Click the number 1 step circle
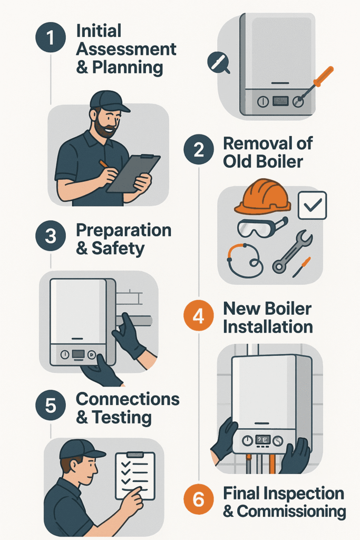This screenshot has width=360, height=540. tap(51, 37)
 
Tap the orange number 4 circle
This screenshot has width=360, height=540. tap(199, 315)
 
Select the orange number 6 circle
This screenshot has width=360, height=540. tap(199, 499)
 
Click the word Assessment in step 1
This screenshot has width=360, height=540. tap(126, 49)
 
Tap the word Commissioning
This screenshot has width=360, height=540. tap(291, 512)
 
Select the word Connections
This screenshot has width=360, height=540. tap(128, 399)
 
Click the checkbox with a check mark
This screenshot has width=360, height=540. tap(312, 205)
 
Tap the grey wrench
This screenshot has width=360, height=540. tap(292, 252)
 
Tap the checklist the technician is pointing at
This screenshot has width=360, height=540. tap(135, 475)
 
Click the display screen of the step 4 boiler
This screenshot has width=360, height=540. tap(262, 440)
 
